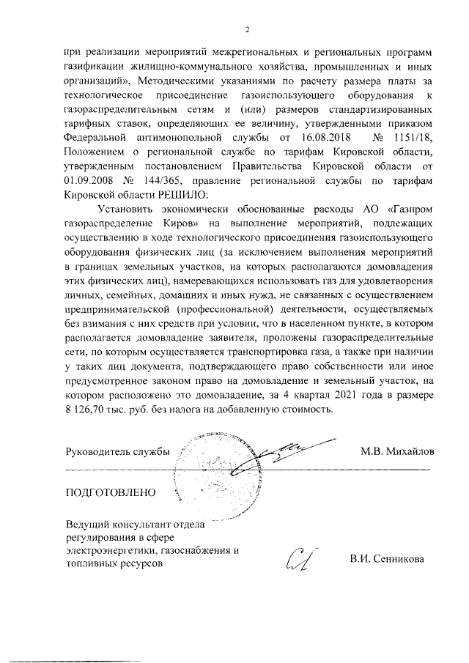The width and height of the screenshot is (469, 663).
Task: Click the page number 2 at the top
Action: tap(247, 30)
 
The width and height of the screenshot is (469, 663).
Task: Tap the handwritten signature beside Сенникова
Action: tap(301, 560)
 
